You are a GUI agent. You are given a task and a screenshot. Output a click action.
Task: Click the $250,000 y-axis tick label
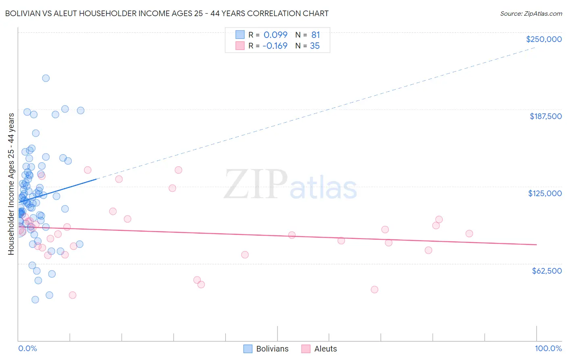click(544, 39)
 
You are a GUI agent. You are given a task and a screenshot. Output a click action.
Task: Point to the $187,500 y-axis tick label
click(545, 116)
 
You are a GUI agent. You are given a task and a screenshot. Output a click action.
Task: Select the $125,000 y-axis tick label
click(545, 193)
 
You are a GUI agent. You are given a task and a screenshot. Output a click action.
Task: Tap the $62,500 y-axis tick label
click(546, 271)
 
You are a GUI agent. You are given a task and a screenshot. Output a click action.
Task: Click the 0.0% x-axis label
click(27, 348)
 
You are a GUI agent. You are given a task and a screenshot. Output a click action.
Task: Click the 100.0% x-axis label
click(548, 348)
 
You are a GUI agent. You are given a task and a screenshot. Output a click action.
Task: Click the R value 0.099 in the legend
click(275, 35)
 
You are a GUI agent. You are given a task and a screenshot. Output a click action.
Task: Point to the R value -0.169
click(275, 46)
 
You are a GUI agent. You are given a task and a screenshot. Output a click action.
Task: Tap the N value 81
click(315, 35)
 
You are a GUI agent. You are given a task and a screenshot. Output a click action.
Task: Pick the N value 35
click(315, 46)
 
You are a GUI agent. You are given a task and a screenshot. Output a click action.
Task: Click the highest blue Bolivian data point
click(46, 78)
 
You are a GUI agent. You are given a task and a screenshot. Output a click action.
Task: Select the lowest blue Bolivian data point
click(35, 299)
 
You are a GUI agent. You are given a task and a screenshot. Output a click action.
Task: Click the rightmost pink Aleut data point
click(469, 234)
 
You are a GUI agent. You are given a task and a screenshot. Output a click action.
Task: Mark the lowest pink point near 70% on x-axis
click(374, 289)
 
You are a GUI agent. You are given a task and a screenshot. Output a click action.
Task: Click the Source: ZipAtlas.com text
click(531, 13)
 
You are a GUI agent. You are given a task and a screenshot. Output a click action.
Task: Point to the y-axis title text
click(11, 184)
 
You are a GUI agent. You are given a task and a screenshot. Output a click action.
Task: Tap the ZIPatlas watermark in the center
click(290, 185)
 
